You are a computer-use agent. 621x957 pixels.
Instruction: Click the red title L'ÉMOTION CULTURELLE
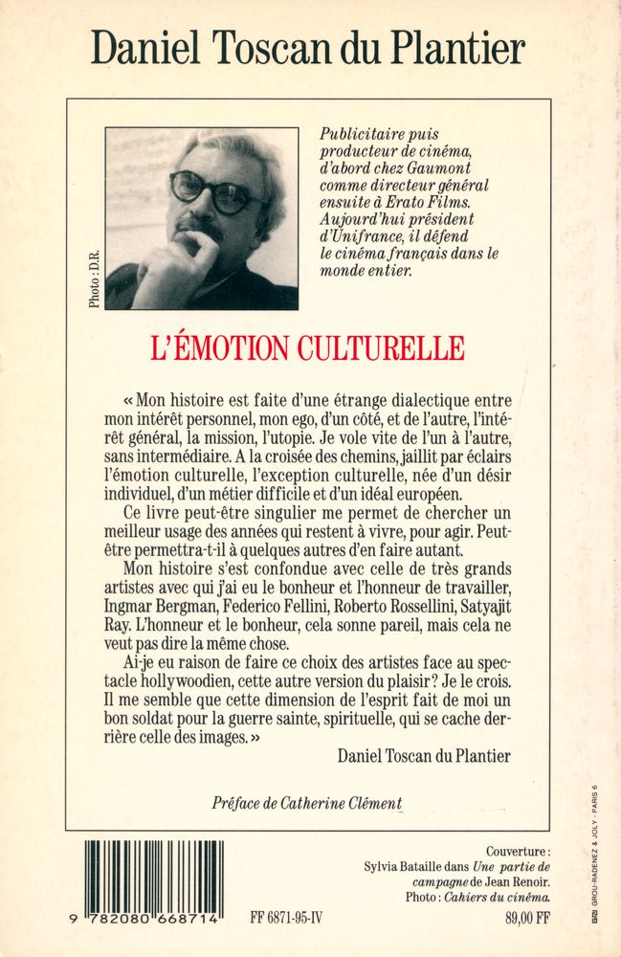[x=308, y=347]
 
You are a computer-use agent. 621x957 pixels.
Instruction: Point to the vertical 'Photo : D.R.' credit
[x=94, y=278]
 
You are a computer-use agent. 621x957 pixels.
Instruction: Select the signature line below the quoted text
[x=424, y=756]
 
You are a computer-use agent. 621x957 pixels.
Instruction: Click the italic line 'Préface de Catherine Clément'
[x=306, y=804]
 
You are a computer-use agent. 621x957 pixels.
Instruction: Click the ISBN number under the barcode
[x=153, y=917]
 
